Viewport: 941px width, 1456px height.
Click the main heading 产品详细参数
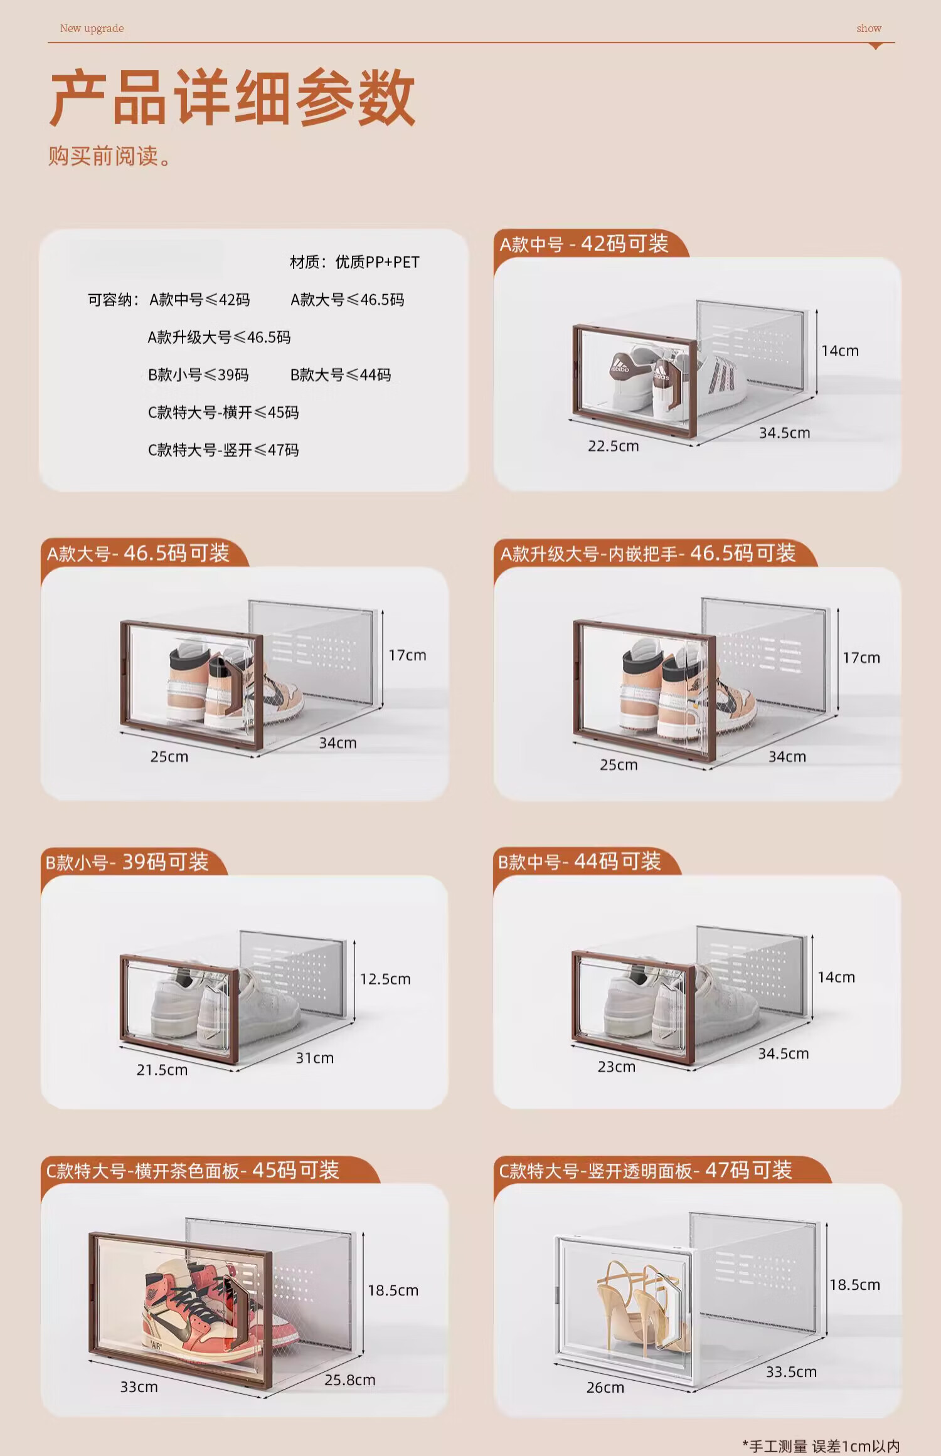click(x=232, y=98)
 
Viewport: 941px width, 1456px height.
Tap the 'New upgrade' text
click(x=92, y=28)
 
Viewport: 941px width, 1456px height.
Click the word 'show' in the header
click(x=869, y=28)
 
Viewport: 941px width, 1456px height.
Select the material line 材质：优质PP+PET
click(x=354, y=262)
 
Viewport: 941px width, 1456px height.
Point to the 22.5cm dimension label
click(x=613, y=446)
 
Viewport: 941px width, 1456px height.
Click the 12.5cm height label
click(x=385, y=979)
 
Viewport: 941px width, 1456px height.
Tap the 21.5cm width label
click(x=162, y=1070)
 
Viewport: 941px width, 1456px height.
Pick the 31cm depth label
click(x=314, y=1058)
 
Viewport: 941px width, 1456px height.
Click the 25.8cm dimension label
click(x=349, y=1380)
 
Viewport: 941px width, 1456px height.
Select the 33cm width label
click(x=139, y=1386)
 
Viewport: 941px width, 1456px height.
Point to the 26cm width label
click(x=605, y=1388)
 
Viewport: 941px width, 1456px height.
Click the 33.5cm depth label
click(x=791, y=1372)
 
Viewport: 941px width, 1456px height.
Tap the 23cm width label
click(x=616, y=1067)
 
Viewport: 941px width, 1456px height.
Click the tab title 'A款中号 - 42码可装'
click(x=584, y=243)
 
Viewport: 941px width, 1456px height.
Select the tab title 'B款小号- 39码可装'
click(x=127, y=862)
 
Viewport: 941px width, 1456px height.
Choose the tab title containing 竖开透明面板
click(x=646, y=1171)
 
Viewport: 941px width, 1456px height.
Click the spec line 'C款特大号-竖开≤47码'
click(x=223, y=450)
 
